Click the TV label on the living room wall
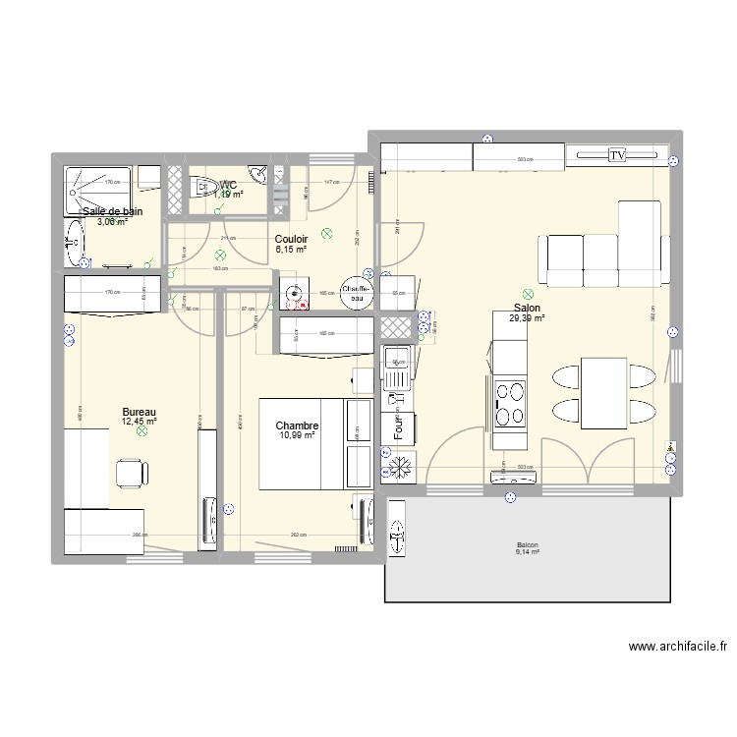(617, 155)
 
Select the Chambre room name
(297, 425)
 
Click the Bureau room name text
(139, 413)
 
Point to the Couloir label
(291, 239)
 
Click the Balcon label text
(527, 545)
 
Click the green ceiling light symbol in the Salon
(528, 293)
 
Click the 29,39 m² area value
(527, 318)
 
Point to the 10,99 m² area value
(297, 435)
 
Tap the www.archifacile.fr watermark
(667, 647)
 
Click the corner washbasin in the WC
(258, 175)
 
